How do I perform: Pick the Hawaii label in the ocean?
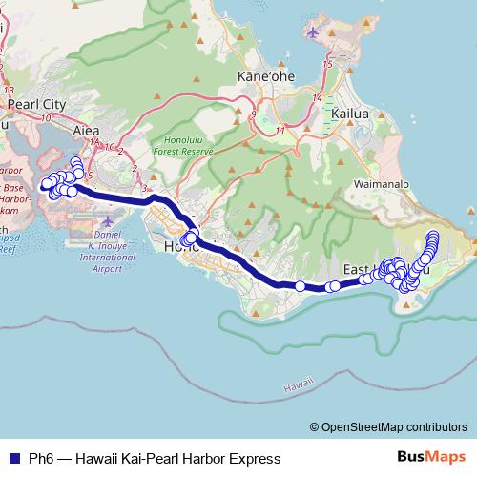pos(297,386)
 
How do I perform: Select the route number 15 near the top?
pos(327,64)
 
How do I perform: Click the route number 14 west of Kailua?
pos(316,97)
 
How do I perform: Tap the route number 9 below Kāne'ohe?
pos(253,114)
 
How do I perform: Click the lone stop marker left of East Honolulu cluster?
pos(301,286)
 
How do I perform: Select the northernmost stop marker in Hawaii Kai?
pos(434,235)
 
